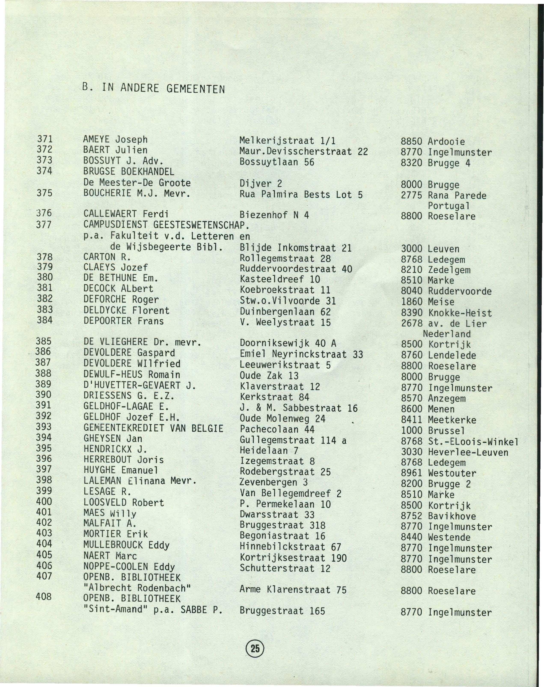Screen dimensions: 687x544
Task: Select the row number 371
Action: coord(45,139)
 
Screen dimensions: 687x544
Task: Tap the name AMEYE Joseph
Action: coord(115,139)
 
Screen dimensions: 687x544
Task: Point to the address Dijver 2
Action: coord(261,184)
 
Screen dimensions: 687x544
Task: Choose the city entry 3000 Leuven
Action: coord(430,249)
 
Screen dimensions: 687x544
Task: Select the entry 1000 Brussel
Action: coord(433,431)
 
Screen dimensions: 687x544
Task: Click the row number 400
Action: coord(44,502)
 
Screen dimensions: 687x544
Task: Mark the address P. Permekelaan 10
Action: coord(285,504)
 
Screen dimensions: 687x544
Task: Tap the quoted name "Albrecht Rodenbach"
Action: coord(137,588)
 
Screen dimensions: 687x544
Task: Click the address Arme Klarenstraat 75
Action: coord(293,590)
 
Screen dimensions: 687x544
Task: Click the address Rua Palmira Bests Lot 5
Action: coord(301,195)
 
